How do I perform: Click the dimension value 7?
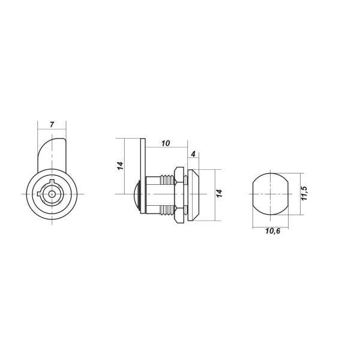coord(52,125)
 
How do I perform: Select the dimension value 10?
coord(166,143)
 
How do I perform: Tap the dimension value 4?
coord(193,154)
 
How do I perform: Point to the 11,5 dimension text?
coord(304,193)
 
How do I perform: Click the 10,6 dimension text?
coord(273,231)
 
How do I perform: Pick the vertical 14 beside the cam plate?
coord(121,166)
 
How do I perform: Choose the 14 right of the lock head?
coord(220,193)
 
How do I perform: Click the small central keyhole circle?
coord(52,194)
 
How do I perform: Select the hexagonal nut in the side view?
coord(179,194)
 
